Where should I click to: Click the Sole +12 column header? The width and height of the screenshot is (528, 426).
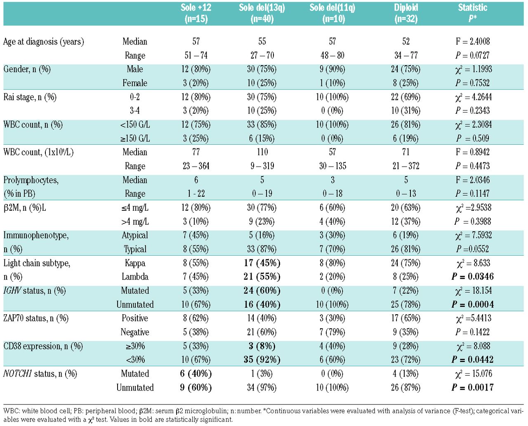coord(196,13)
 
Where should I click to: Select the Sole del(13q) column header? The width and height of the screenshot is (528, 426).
coord(262,13)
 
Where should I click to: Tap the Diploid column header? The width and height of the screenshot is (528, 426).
coord(406,13)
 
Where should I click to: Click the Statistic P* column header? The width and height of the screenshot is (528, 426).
coord(472,13)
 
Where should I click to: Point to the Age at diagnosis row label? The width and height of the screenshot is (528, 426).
coord(44,42)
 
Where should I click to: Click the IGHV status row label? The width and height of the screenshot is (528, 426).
coord(35,291)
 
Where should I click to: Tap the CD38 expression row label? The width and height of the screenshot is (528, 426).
coord(43,346)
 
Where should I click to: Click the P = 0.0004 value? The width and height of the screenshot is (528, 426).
coord(473,305)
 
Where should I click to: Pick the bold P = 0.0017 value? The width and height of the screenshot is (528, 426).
coord(473,388)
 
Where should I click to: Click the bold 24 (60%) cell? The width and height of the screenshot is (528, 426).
coord(262,291)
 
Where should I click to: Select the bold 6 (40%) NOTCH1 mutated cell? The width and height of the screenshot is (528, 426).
coord(196,374)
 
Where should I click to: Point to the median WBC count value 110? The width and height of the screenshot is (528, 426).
coord(262,152)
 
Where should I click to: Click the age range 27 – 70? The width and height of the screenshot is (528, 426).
coord(262,56)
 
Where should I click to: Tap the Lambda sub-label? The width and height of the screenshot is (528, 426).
coord(135,277)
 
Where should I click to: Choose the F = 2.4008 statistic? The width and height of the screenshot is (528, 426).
coord(473,42)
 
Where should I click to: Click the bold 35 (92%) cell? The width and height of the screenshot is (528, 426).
coord(262,360)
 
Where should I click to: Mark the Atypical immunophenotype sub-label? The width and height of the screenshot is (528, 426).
coord(135,235)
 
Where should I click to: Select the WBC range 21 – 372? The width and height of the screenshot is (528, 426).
coord(406,166)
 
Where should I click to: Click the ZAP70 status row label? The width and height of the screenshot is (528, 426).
coord(36,318)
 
